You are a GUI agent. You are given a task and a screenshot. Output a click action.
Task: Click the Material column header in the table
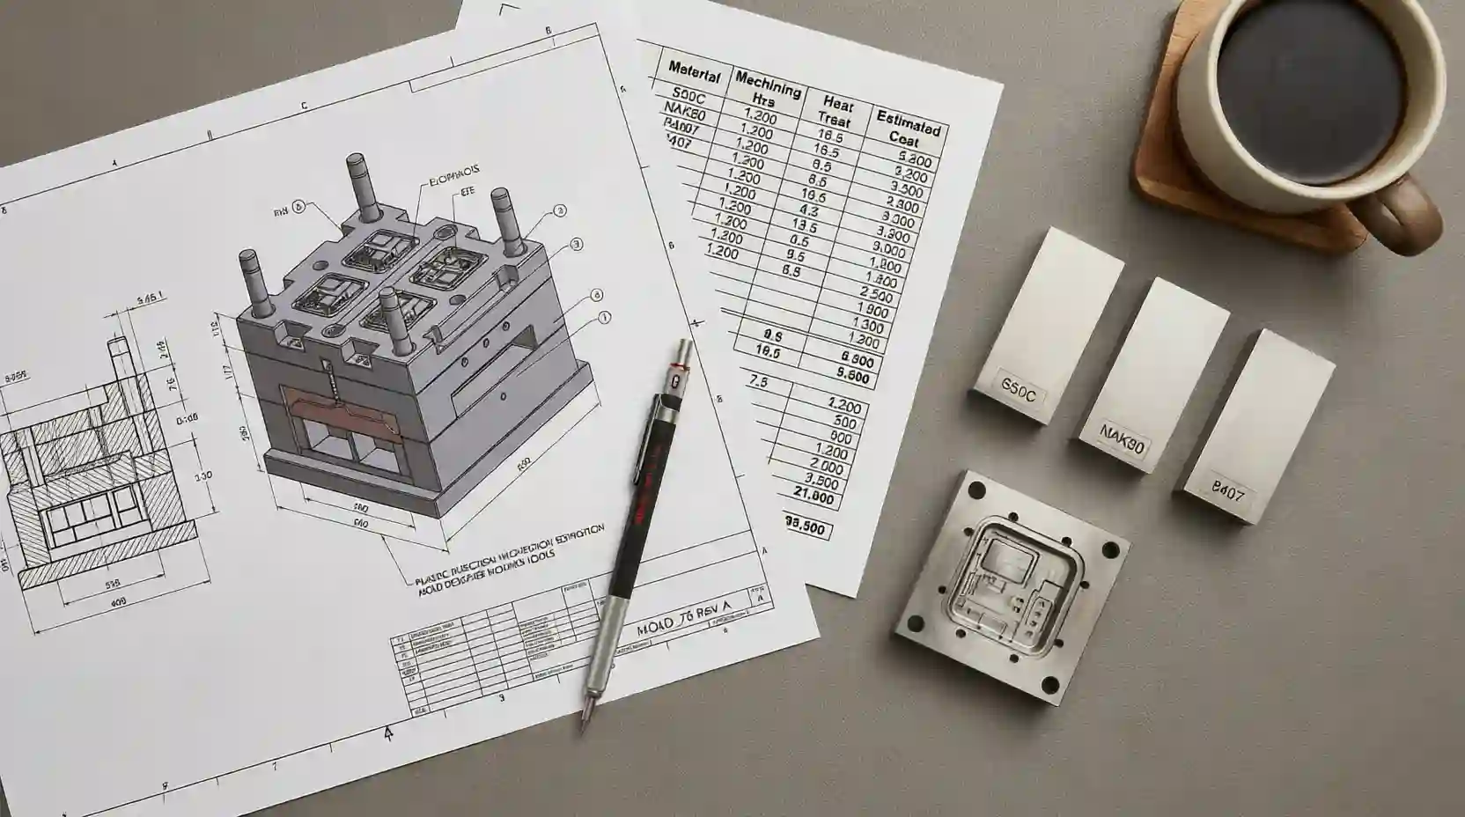(695, 70)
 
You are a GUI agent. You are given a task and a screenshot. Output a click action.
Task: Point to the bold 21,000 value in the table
(813, 497)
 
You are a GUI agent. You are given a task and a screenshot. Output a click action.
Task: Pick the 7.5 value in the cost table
(757, 383)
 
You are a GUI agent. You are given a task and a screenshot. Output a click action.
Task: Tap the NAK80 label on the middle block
(1122, 438)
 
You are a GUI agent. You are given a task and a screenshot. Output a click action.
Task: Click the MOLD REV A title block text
(684, 627)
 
